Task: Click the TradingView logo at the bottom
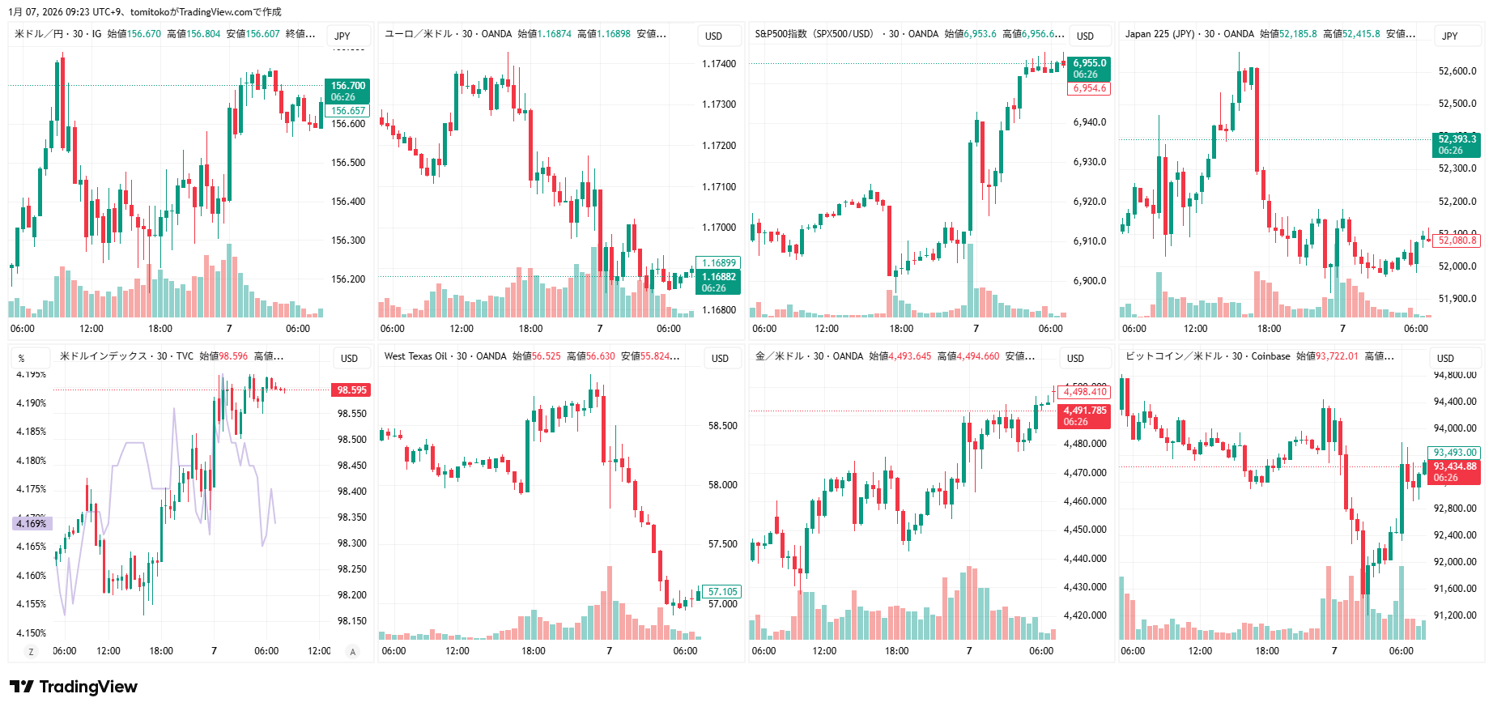pyautogui.click(x=74, y=687)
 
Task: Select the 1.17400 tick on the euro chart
pyautogui.click(x=718, y=64)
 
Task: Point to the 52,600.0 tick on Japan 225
pyautogui.click(x=1457, y=71)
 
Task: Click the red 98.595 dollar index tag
pyautogui.click(x=351, y=390)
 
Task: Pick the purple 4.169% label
pyautogui.click(x=32, y=524)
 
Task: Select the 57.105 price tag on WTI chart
pyautogui.click(x=722, y=592)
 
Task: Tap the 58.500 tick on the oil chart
pyautogui.click(x=722, y=426)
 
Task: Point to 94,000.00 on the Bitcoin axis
pyautogui.click(x=1454, y=428)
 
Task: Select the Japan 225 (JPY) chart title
pyautogui.click(x=1159, y=34)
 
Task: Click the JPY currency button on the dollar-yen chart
pyautogui.click(x=342, y=36)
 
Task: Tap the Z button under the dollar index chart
pyautogui.click(x=32, y=652)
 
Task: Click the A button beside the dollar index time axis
pyautogui.click(x=352, y=652)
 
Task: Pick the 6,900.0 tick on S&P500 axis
pyautogui.click(x=1089, y=281)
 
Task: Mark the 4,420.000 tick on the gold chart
pyautogui.click(x=1084, y=615)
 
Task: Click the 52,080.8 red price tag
pyautogui.click(x=1457, y=241)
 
